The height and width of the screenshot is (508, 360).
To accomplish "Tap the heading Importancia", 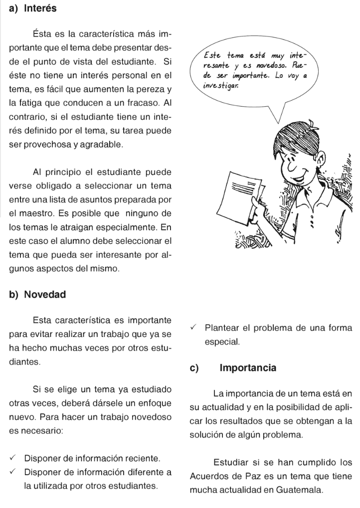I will tap(248, 368).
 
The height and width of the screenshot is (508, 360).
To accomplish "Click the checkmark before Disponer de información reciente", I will tap(13, 458).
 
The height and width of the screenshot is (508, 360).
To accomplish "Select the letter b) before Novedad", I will tap(13, 294).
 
